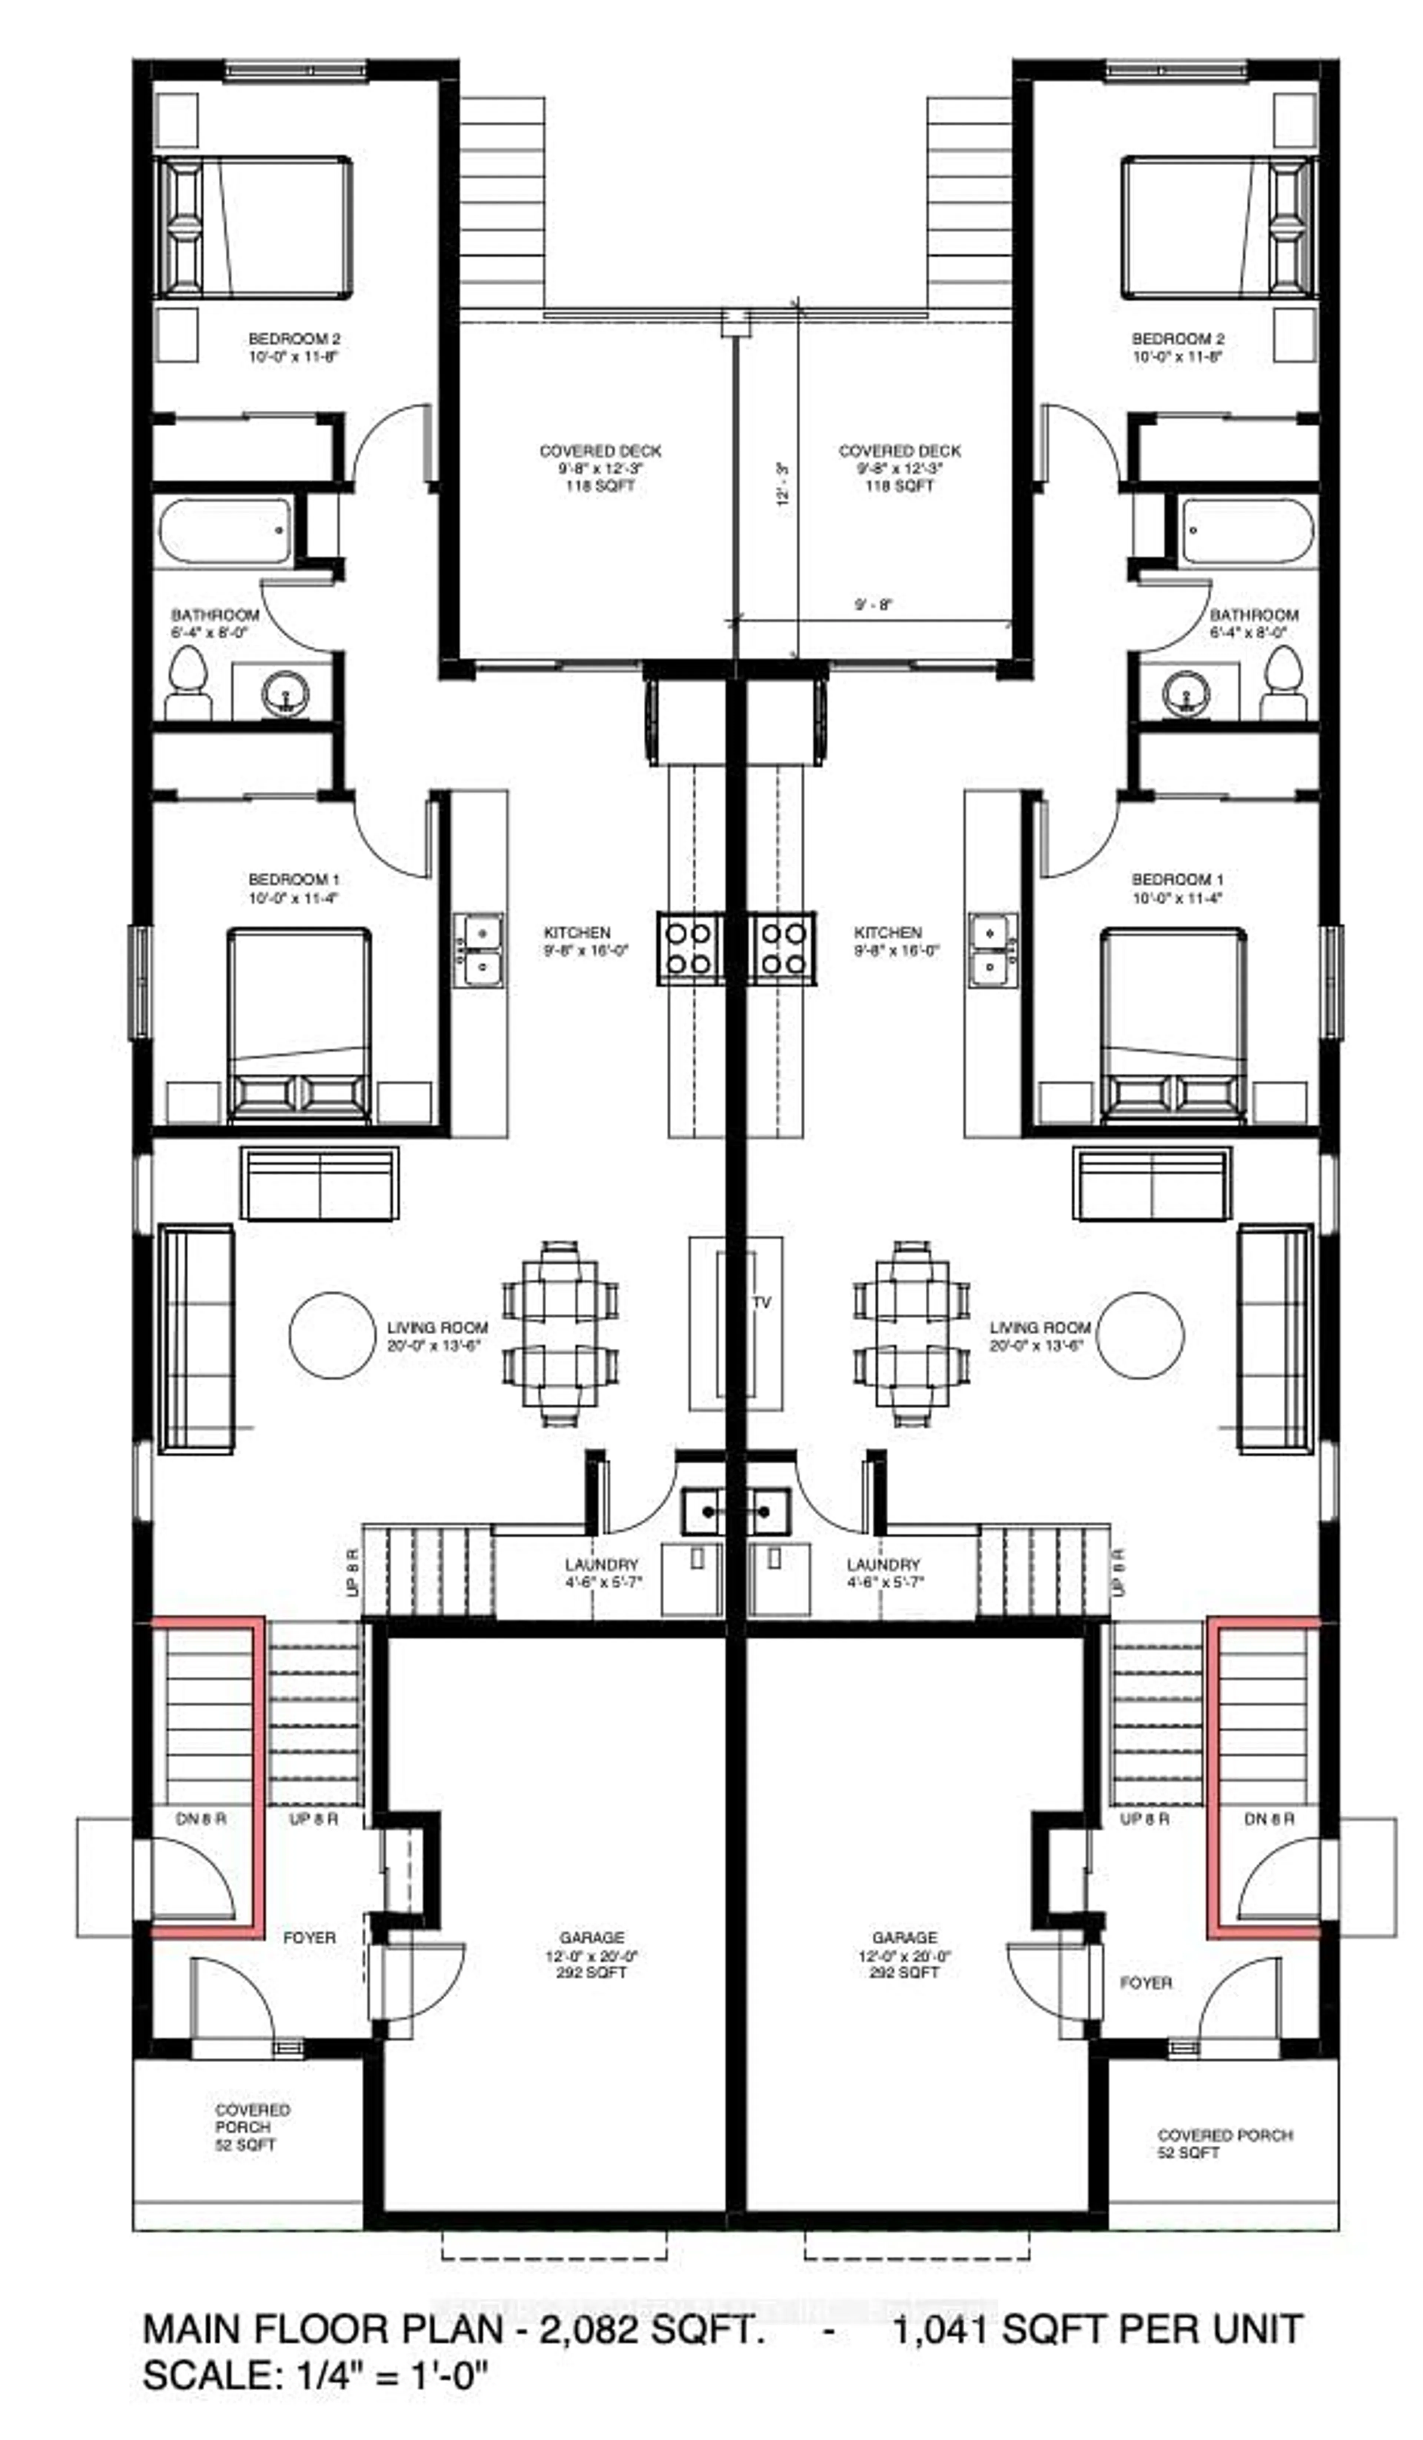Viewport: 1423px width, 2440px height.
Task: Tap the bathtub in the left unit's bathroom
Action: click(x=225, y=531)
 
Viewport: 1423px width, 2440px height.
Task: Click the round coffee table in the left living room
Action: click(x=331, y=1334)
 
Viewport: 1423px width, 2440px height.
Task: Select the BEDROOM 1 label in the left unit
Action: click(x=293, y=879)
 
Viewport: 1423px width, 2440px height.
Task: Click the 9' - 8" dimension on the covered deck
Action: click(x=873, y=605)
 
